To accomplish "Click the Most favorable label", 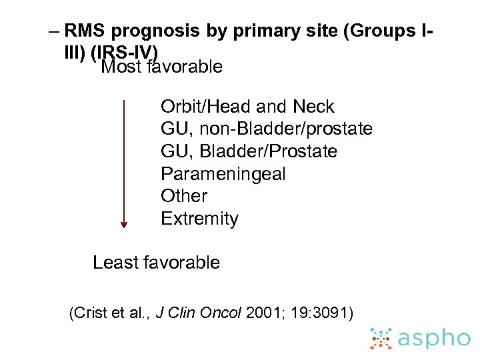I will (161, 67).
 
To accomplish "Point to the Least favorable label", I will (156, 263).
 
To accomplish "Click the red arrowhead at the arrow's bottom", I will (123, 225).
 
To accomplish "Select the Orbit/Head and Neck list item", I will (247, 107).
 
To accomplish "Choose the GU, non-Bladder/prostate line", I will (266, 129).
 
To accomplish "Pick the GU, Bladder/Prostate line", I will (249, 151).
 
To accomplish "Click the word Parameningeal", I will (223, 174).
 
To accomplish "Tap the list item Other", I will (184, 196).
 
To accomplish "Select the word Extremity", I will (199, 219).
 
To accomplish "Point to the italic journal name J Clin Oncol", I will (198, 313).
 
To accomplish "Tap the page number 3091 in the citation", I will (331, 313).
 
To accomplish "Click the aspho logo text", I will (433, 339).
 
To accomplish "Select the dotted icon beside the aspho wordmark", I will (382, 339).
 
